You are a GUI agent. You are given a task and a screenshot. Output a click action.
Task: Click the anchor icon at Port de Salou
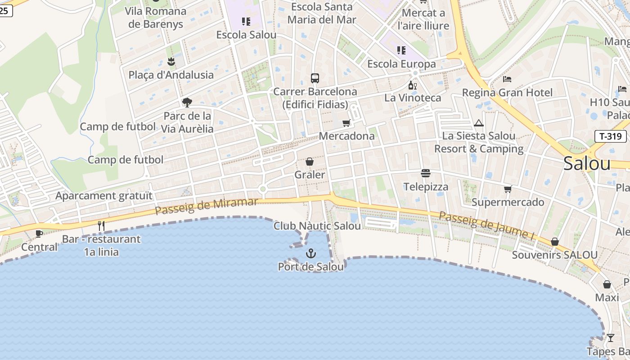311,253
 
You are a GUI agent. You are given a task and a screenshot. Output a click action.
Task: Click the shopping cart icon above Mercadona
346,123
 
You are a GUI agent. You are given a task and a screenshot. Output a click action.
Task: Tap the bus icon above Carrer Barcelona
315,78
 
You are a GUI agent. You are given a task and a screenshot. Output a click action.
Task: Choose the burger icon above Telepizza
426,173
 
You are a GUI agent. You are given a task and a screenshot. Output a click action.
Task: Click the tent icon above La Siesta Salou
478,123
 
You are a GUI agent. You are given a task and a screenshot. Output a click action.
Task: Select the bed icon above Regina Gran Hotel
507,79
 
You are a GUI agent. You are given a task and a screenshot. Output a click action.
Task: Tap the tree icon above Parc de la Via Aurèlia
187,103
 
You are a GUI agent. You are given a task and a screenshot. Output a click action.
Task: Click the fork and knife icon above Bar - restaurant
101,226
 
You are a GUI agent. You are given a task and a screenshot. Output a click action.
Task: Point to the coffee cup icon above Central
39,233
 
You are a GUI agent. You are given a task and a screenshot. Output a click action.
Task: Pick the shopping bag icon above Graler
310,162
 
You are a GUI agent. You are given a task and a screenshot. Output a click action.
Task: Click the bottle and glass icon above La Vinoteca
412,85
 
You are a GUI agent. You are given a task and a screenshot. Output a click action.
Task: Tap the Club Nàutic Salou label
317,226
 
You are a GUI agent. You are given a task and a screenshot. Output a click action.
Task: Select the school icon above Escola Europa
401,50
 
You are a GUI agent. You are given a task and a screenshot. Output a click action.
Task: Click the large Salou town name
587,164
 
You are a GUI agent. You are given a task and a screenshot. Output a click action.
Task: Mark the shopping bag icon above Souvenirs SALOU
555,242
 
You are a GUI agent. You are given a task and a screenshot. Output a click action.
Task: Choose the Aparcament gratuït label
104,196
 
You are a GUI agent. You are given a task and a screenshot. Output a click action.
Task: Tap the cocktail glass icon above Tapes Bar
610,337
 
